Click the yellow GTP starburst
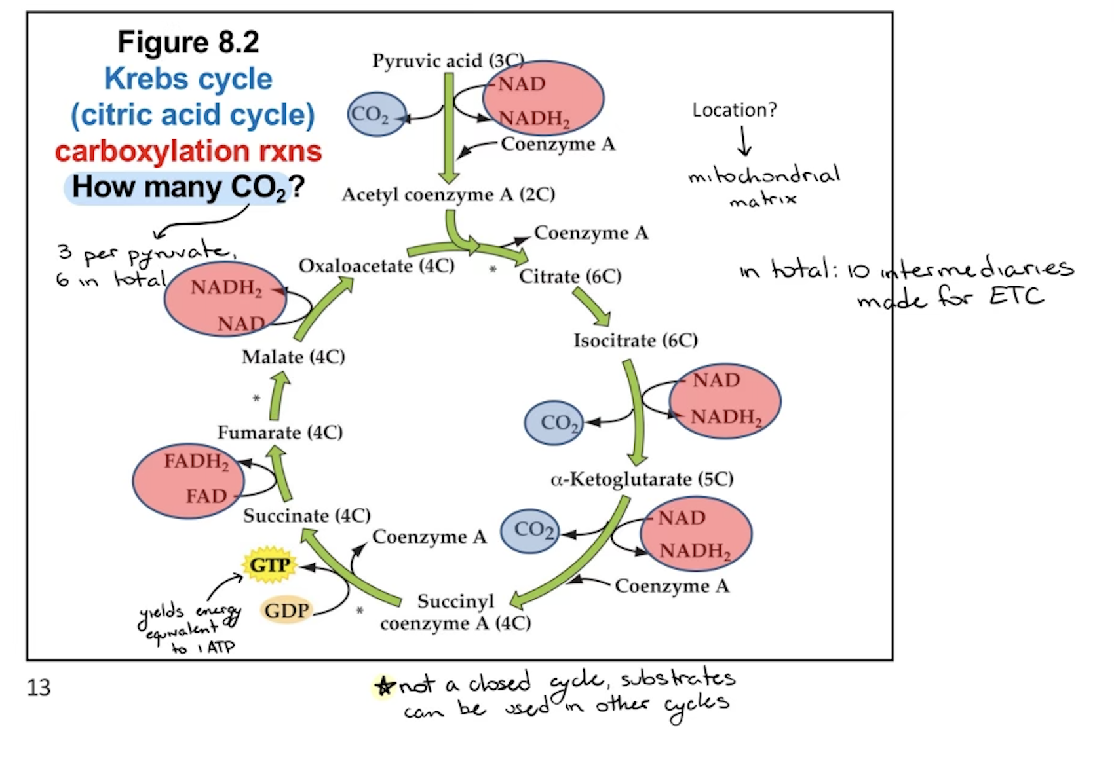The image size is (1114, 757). [269, 564]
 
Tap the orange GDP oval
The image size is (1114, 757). [286, 610]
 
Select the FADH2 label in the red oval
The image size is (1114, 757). [196, 461]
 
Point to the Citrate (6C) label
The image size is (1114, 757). [570, 276]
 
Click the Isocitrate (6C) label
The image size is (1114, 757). [635, 341]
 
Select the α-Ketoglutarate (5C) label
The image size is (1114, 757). [642, 479]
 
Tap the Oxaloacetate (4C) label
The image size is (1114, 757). [376, 266]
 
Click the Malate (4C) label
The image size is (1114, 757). [293, 357]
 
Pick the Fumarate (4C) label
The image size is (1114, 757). [280, 432]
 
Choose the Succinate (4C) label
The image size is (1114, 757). [307, 516]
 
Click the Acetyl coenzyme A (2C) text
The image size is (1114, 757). [448, 194]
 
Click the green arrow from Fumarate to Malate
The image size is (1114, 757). [278, 396]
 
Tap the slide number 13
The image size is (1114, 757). [39, 688]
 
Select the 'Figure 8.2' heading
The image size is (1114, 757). [188, 42]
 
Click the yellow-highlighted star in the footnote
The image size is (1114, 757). [385, 686]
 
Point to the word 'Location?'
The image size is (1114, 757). [734, 110]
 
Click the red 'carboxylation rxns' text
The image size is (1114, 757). [188, 151]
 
